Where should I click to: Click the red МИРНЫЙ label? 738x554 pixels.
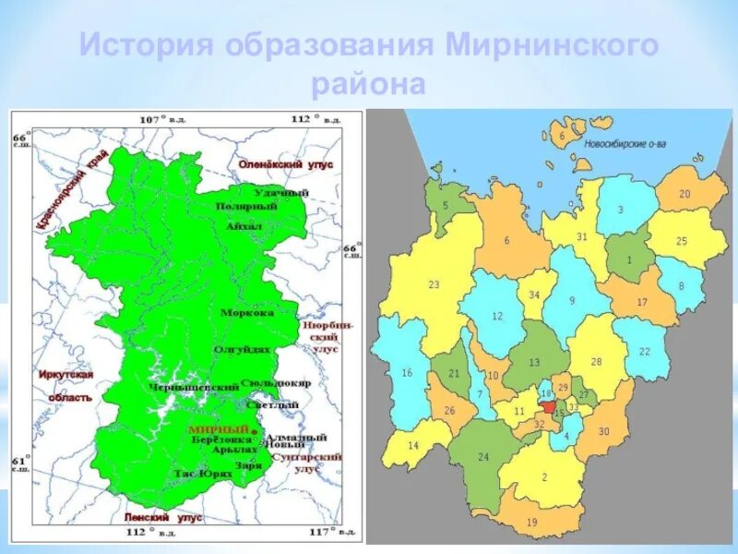pos(219,430)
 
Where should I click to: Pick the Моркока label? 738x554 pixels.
pos(247,312)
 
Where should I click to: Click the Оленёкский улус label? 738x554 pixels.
pos(285,163)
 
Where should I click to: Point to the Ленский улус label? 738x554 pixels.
pos(163,519)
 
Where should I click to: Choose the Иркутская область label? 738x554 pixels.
pos(66,386)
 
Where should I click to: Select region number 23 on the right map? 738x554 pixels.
pos(434,284)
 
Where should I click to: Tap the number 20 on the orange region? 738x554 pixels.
pos(684,194)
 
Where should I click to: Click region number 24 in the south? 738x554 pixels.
pos(482,457)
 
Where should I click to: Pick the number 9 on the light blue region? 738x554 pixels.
pos(571,300)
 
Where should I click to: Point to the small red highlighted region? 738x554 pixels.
pos(550,163)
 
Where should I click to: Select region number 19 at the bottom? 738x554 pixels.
pos(531,523)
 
